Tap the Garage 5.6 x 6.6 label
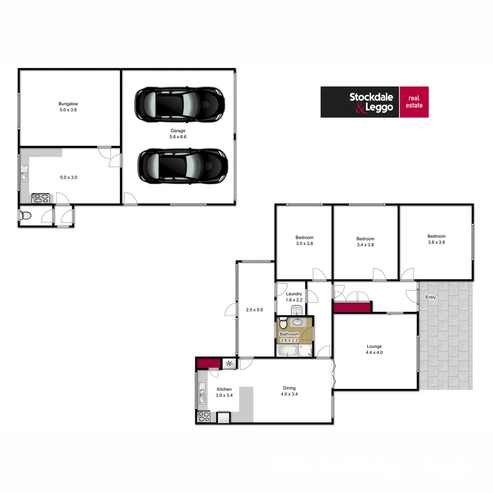coord(178,134)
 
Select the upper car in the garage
coord(179,105)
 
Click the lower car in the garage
coord(182,166)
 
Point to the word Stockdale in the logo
coord(371,97)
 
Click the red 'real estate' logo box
coord(414,102)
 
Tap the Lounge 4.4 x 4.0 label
coord(374,349)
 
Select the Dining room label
coord(289,391)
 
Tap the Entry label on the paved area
coord(430,298)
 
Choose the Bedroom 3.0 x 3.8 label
coord(304,241)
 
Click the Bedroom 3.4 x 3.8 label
coord(365,241)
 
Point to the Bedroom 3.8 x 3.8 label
coord(436,239)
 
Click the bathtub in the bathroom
coord(288,351)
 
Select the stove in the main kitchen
coord(203,417)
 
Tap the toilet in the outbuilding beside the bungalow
coord(26,215)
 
